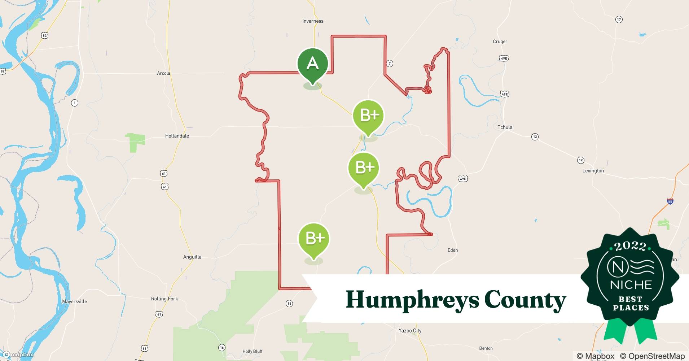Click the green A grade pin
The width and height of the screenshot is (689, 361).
312,64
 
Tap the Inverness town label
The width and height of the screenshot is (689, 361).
313,21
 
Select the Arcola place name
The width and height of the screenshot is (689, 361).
163,73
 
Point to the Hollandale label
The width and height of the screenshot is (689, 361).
177,136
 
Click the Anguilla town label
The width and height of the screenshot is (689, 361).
192,257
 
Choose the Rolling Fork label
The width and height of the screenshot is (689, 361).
164,299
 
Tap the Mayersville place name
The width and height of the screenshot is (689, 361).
74,301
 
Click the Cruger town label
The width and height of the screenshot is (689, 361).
500,42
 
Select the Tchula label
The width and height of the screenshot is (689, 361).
505,127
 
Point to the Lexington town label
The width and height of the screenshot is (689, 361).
593,170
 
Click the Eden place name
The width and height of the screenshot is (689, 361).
452,250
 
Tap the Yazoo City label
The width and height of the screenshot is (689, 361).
410,330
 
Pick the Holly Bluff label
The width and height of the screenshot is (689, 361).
252,351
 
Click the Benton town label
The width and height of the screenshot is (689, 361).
486,348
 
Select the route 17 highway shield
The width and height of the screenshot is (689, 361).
619,19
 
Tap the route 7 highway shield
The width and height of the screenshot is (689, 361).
389,64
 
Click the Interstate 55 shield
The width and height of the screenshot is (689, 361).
670,201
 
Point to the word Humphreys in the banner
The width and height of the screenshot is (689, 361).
411,300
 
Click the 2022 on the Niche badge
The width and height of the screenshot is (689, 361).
630,246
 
